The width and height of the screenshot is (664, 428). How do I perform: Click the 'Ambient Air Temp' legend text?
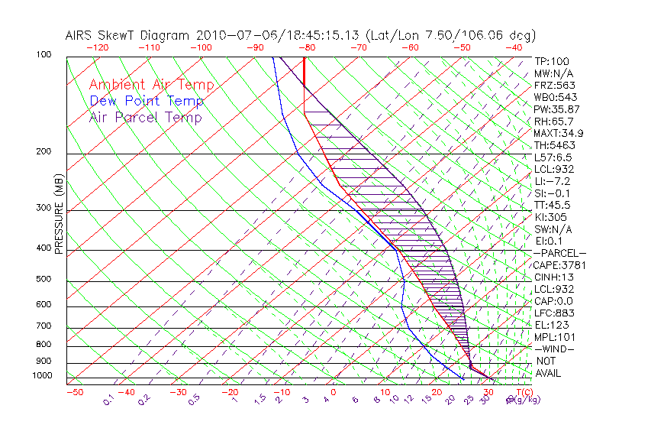151,85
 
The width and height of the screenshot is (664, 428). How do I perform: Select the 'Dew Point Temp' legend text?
147,101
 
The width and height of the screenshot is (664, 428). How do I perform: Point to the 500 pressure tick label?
44,280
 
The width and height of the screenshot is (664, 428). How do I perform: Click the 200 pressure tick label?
44,152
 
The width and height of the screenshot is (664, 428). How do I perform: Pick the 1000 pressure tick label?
41,376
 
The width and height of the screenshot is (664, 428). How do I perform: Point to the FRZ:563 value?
555,86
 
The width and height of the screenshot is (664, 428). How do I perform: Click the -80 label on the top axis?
308,47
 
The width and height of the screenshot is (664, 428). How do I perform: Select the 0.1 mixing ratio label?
108,398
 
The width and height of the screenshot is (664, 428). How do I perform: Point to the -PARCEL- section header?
559,253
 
